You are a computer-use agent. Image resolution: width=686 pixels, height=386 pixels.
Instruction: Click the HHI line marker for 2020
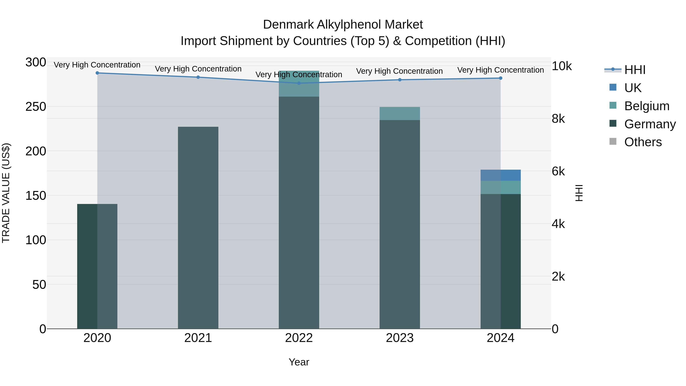point(97,73)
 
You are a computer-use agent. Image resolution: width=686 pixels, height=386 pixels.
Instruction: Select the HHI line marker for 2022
point(299,83)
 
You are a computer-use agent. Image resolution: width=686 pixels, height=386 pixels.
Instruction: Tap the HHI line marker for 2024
point(500,78)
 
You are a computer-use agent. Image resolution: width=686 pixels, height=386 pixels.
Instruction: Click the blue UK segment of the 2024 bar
point(500,175)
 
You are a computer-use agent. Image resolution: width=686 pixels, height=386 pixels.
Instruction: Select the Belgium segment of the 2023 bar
point(399,113)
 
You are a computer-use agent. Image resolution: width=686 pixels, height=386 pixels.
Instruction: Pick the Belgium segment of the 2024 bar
point(500,188)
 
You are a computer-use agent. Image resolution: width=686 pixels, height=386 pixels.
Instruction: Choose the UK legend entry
point(632,88)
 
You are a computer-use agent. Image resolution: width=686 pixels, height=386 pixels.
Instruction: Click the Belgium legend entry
point(647,106)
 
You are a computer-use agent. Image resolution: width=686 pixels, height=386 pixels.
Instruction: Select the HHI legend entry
point(635,70)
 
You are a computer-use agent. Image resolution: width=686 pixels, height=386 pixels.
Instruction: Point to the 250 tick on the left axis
point(36,107)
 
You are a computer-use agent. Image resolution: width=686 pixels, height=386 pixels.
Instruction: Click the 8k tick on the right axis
point(558,119)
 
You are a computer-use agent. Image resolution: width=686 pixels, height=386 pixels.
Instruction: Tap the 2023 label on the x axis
point(399,338)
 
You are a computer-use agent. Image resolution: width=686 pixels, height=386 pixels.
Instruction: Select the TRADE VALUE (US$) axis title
point(6,193)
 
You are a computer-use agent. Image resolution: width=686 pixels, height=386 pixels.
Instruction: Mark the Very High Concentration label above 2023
point(399,71)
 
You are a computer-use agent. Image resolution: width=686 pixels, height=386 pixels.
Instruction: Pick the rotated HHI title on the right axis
point(579,193)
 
